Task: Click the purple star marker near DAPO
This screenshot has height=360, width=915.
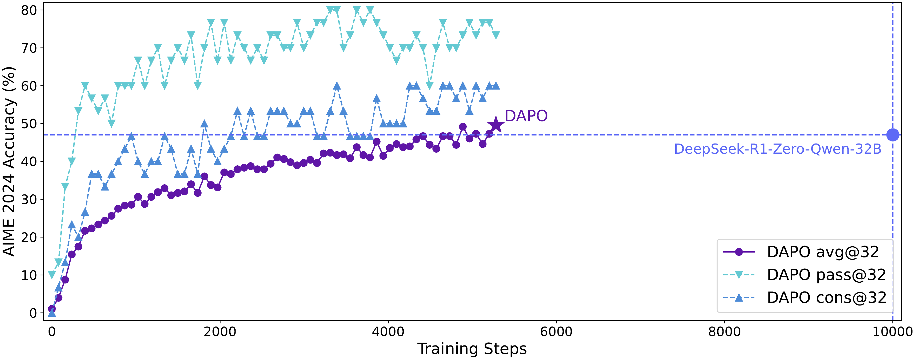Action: point(496,125)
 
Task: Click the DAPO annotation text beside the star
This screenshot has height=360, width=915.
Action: point(526,116)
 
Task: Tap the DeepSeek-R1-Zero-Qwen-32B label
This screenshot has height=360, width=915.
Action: point(778,149)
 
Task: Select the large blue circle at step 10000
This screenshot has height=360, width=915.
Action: point(893,135)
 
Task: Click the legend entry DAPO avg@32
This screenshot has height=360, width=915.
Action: point(801,252)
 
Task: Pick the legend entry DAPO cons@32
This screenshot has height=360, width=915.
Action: point(804,298)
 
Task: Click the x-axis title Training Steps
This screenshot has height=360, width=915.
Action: point(472,349)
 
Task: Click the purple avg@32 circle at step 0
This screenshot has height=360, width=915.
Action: point(52,309)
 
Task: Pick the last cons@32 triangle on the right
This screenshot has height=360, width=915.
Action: point(496,86)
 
